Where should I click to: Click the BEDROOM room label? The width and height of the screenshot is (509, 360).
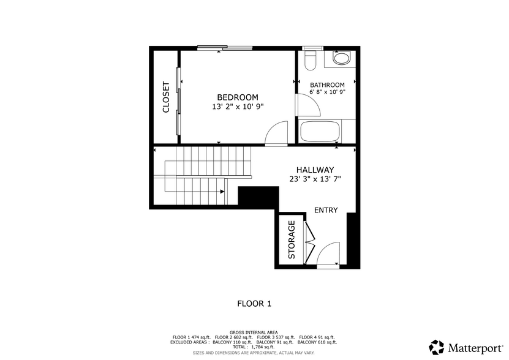238,97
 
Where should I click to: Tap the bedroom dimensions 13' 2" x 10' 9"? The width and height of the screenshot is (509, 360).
238,107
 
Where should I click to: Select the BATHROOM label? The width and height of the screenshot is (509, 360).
327,85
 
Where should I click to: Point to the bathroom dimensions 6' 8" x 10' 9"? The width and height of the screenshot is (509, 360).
327,92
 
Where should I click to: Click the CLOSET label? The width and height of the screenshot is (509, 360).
165,97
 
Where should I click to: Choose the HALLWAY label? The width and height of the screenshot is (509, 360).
315,170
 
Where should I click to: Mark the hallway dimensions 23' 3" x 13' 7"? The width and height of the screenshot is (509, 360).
315,179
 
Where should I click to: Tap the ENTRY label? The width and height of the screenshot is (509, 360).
326,211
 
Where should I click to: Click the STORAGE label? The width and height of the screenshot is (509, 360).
292,239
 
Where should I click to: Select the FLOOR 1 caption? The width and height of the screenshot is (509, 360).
254,303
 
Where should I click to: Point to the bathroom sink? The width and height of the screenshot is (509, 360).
341,58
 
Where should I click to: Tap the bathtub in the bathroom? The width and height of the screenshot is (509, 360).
320,131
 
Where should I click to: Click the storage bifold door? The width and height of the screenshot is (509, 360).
310,240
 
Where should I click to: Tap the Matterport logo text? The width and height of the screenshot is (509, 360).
474,348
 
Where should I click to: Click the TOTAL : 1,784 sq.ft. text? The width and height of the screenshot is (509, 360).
254,347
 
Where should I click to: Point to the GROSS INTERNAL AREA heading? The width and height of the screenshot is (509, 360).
254,332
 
